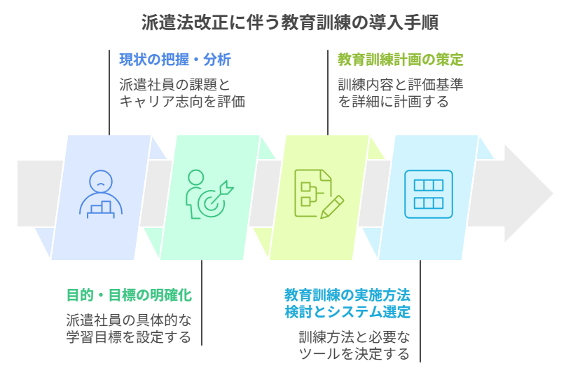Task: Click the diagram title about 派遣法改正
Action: [290, 23]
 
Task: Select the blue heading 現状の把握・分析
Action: [174, 60]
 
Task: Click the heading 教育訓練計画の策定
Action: [400, 60]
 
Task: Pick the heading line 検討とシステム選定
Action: [347, 312]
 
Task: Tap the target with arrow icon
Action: [209, 195]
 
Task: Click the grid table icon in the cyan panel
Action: [428, 194]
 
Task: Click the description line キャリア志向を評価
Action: [182, 102]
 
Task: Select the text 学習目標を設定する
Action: [129, 337]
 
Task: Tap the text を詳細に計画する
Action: [393, 102]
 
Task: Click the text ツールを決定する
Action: [354, 354]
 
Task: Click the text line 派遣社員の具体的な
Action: [129, 320]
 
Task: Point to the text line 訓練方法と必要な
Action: [354, 337]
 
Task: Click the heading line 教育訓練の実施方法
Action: [347, 295]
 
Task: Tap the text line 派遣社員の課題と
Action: [174, 85]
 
